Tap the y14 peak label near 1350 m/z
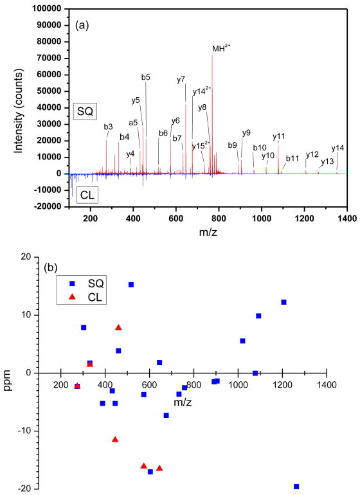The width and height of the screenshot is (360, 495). coord(337,148)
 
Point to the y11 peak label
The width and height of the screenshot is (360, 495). coord(278,136)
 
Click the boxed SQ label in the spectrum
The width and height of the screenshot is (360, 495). coord(84,111)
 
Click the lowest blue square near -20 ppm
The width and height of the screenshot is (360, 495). coord(296,487)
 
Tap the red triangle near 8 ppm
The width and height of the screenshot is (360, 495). coord(118,327)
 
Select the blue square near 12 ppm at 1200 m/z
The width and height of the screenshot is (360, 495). coord(283,302)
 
